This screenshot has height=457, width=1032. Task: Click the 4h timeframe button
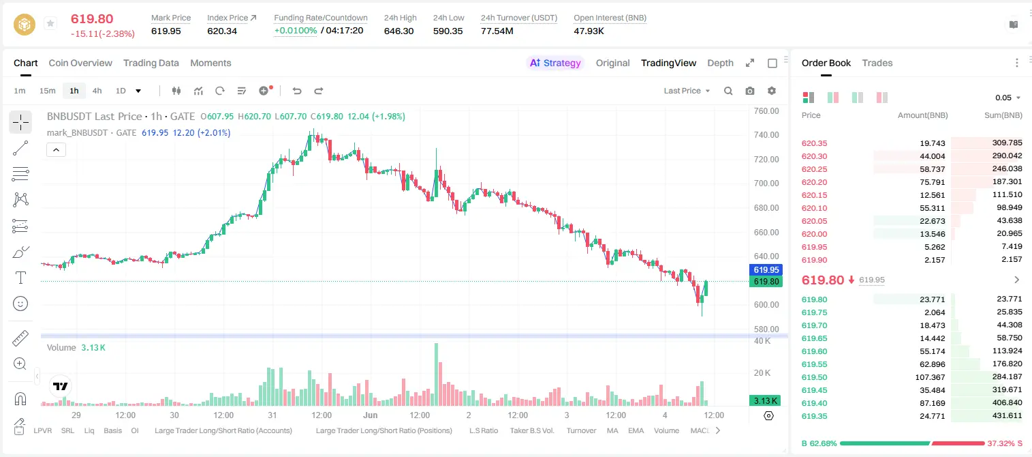[97, 91]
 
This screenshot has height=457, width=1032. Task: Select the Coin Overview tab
[80, 63]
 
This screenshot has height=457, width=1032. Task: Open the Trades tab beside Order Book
[877, 63]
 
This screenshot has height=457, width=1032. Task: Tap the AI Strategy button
[555, 63]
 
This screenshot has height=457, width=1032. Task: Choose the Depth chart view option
[720, 63]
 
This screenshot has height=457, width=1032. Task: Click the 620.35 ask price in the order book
[814, 143]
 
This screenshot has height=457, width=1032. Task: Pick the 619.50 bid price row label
[814, 377]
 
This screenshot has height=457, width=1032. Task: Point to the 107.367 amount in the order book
[930, 377]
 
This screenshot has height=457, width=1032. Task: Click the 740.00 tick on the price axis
[766, 134]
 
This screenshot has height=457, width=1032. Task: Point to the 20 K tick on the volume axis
[762, 372]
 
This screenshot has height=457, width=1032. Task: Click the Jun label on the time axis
[370, 415]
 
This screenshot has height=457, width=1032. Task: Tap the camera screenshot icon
[750, 91]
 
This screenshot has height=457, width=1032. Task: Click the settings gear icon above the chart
[772, 91]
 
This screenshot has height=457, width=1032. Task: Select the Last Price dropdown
[687, 91]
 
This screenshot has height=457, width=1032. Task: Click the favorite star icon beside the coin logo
[50, 23]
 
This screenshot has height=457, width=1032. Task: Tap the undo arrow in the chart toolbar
[297, 91]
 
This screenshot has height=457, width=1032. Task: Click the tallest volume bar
[436, 374]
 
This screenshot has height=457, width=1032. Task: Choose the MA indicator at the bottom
[612, 430]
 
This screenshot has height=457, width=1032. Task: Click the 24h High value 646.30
[399, 31]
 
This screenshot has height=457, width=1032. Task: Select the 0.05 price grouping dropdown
[1007, 98]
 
